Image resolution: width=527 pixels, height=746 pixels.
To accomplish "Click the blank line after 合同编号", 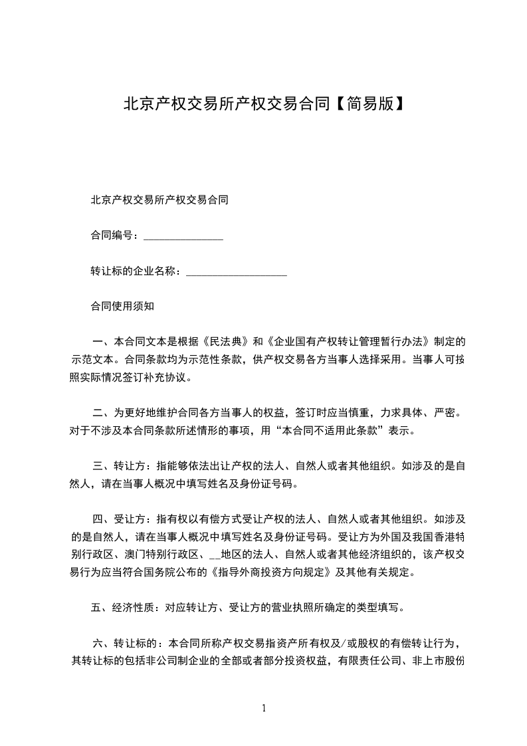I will (x=183, y=236).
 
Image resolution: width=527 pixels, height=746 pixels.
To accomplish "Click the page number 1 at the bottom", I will (x=264, y=708).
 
